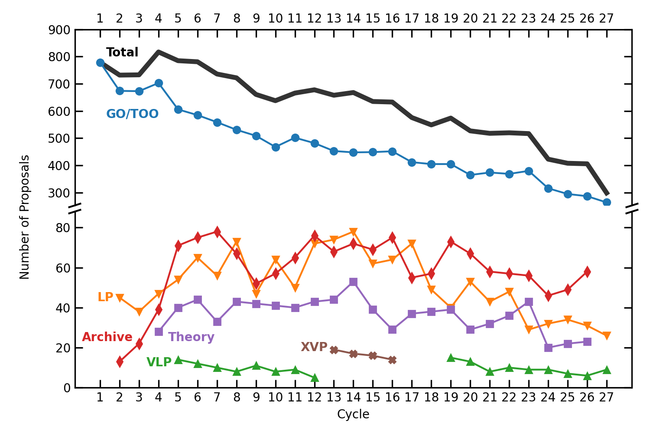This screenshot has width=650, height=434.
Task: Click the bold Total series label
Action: point(122,53)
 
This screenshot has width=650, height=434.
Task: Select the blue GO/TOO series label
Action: point(132,114)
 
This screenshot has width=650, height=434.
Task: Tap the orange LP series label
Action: point(105,297)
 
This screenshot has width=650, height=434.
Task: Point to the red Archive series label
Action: point(107,337)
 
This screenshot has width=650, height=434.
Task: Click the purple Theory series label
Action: point(191,337)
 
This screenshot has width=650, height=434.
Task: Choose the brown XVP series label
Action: point(314,347)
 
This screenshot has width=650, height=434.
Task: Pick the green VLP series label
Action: point(159,362)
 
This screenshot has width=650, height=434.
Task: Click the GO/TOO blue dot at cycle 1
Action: point(100,63)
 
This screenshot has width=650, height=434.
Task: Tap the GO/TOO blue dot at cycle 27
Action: point(607,202)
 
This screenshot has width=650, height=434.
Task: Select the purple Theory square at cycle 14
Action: point(353,282)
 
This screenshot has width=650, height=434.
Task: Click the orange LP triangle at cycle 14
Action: point(353,232)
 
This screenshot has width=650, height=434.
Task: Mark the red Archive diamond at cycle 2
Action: point(120,362)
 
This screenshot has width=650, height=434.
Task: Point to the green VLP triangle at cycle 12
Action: point(315,378)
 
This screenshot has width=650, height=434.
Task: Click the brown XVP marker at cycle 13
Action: point(334,350)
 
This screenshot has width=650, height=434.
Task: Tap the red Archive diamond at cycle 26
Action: point(587,272)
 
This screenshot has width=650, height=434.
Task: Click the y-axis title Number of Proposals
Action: point(25,217)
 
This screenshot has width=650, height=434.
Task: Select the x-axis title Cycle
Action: point(353,414)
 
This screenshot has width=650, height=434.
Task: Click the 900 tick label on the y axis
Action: point(60,30)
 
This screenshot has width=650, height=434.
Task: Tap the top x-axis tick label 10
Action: point(275,19)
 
